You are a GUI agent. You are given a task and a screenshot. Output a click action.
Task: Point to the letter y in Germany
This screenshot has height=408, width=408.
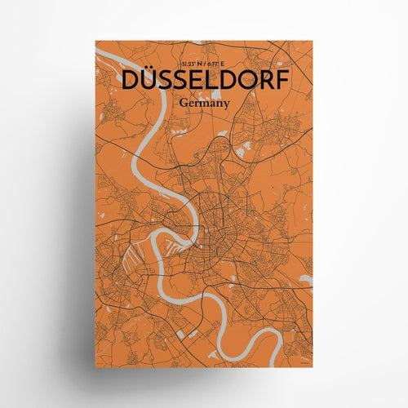click(x=228, y=106)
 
